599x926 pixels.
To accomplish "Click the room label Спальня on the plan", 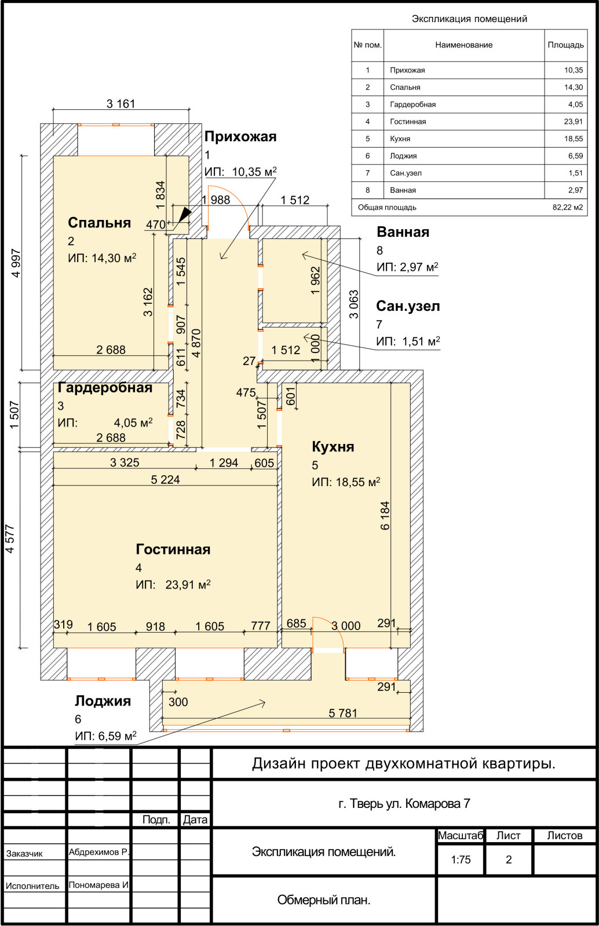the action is coord(99,223).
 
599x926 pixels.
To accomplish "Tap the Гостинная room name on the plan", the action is coord(173,549).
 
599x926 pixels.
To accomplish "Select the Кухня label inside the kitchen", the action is coord(333,447).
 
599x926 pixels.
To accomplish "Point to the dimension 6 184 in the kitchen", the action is coord(385,516).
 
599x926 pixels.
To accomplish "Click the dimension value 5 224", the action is coord(166,480).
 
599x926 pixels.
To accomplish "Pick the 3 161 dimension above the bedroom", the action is coord(121,104).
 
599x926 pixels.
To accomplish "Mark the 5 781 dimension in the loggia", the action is coord(343,713).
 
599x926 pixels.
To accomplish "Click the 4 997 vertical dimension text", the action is coord(16,263).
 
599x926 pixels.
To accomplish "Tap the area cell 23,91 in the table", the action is coord(574,122).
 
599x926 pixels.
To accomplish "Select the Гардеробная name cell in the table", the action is coord(413,105).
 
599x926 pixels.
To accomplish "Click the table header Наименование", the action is coord(463,45).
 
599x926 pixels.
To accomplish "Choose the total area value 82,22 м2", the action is coord(568,208).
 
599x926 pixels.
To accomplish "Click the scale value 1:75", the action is coord(461,859).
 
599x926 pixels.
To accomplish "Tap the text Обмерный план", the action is coord(323,899).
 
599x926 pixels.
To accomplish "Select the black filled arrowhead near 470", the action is coord(185,214).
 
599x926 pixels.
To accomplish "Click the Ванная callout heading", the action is coord(403,232).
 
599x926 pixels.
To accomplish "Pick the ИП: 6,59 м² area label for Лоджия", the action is coord(105,736).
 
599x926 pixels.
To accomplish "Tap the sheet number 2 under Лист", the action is coord(509,859).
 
